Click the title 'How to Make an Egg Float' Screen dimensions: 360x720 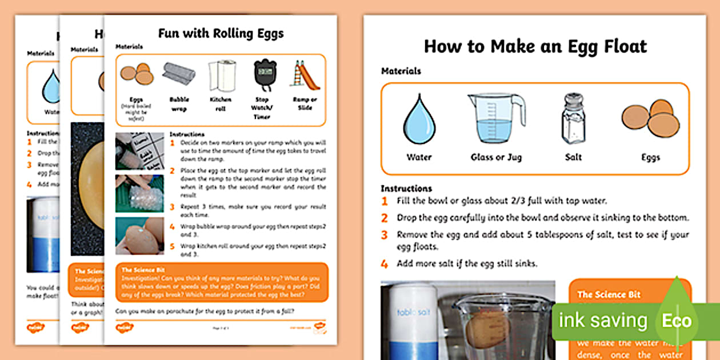coord(535,46)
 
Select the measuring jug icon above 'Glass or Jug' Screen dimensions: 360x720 coord(495,118)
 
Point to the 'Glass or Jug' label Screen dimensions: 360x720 coord(496,157)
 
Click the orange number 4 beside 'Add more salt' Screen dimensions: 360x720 coord(385,265)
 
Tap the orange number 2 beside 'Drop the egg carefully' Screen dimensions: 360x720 coord(385,218)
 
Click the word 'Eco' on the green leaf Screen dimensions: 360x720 coord(677,321)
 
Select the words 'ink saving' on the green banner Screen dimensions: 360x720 coord(603,321)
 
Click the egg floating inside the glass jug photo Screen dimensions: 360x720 coord(486,329)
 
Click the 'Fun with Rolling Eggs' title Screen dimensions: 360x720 coord(221,33)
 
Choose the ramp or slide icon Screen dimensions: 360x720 coord(304,75)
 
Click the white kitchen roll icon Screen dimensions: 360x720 coord(220,75)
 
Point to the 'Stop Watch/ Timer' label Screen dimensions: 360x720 coord(262,107)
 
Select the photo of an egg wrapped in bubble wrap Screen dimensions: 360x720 coord(139,193)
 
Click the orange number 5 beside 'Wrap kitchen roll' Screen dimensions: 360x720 coord(173,246)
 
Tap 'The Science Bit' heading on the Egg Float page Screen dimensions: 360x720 coord(609,294)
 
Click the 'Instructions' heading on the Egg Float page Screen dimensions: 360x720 coord(406,189)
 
